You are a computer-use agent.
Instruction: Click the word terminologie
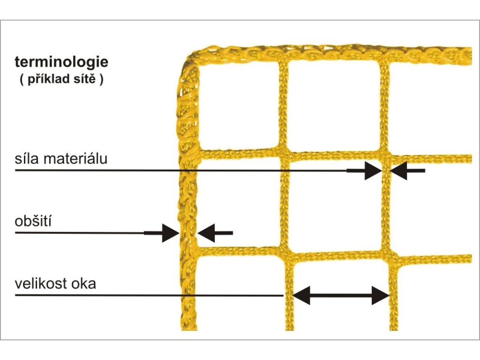[x=61, y=62]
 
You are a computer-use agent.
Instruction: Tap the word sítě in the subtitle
[x=90, y=79]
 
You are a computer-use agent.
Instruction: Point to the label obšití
[x=33, y=220]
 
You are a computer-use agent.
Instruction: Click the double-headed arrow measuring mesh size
[x=341, y=295]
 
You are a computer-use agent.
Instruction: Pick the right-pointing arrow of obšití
[x=164, y=232]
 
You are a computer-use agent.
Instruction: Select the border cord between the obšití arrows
[x=188, y=232]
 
